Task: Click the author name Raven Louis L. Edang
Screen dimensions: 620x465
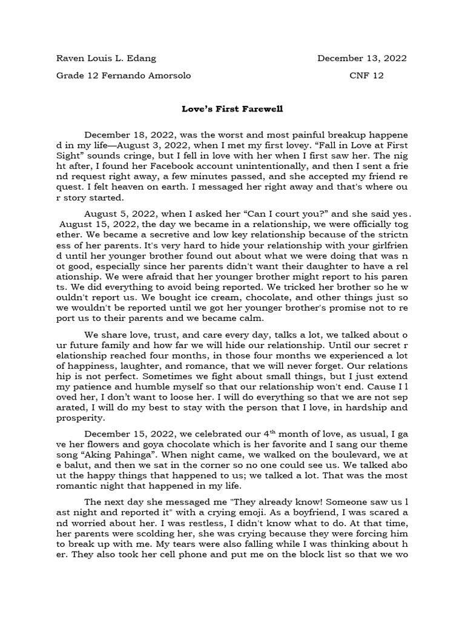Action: tap(106, 59)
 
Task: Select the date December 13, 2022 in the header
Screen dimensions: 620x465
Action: tap(362, 59)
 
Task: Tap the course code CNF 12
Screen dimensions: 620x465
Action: tap(366, 76)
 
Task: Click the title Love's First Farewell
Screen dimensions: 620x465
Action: tap(232, 110)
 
